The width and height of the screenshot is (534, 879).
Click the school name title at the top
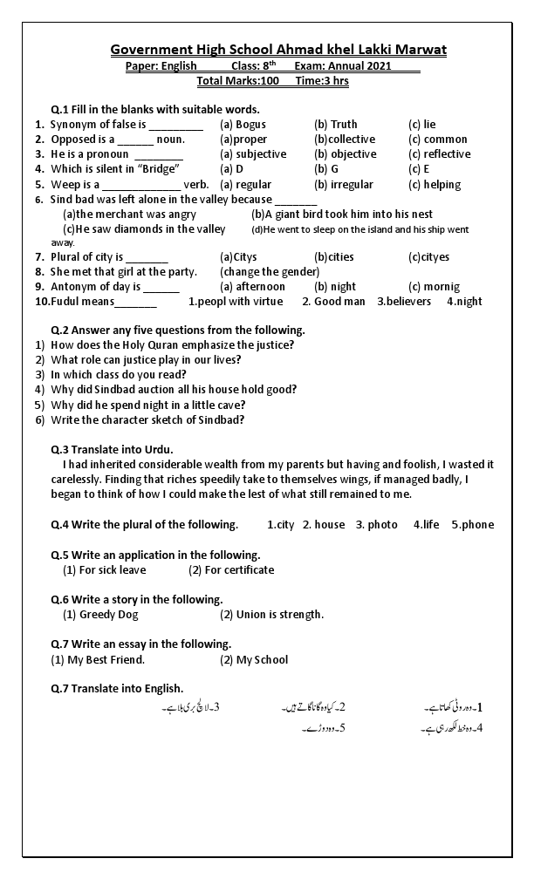pyautogui.click(x=278, y=50)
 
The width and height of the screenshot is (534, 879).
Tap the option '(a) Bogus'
pyautogui.click(x=243, y=125)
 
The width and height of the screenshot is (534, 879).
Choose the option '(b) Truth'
pyautogui.click(x=336, y=125)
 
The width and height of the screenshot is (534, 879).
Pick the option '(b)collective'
pyautogui.click(x=346, y=140)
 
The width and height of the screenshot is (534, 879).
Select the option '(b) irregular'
pyautogui.click(x=344, y=185)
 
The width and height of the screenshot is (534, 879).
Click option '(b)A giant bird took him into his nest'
pyautogui.click(x=342, y=215)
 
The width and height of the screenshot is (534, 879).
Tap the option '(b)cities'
pyautogui.click(x=334, y=257)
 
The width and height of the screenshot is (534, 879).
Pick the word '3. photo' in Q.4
pyautogui.click(x=376, y=525)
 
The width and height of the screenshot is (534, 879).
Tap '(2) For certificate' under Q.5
pyautogui.click(x=231, y=570)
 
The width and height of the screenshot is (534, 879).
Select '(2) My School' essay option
pyautogui.click(x=254, y=660)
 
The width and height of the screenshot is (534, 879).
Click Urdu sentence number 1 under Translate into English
pyautogui.click(x=454, y=706)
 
